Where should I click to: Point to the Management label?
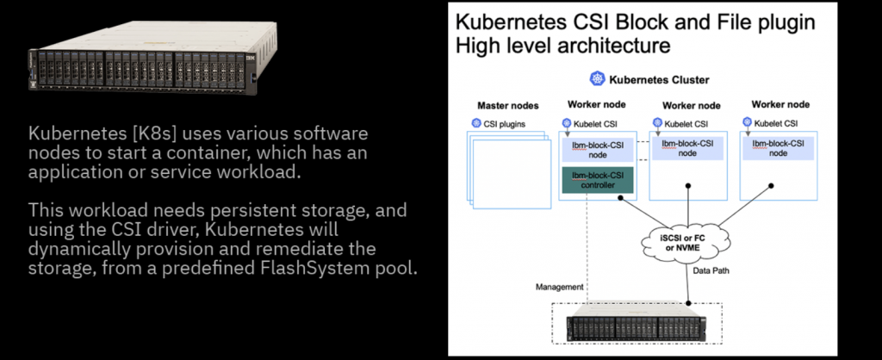560,286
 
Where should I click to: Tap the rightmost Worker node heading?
780,105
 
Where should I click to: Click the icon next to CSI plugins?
475,123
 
